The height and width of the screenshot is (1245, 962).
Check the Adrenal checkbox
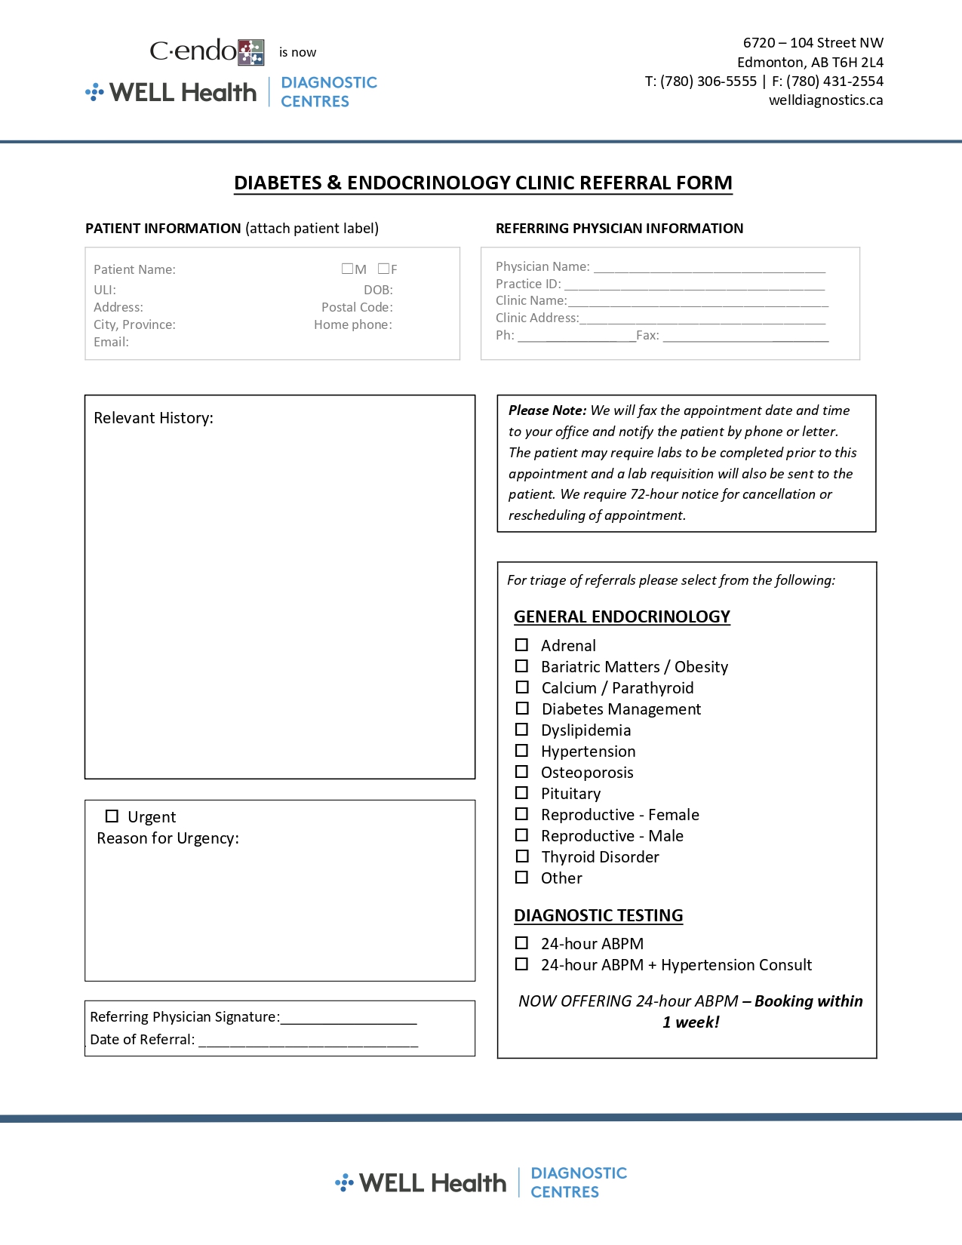tap(521, 645)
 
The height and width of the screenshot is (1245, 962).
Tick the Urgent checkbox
tap(112, 816)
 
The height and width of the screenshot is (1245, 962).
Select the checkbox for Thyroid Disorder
tap(521, 856)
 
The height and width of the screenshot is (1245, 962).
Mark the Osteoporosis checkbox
tap(521, 772)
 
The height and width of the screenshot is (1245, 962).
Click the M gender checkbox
tap(347, 269)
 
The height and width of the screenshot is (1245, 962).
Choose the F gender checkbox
tap(383, 269)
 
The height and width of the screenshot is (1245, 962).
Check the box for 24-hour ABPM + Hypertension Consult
tap(521, 964)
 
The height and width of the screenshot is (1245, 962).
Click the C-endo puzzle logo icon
tap(251, 52)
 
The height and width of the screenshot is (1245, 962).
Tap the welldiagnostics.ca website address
tap(825, 100)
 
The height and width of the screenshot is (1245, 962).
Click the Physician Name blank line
tap(709, 268)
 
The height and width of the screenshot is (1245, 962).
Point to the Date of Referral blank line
tap(308, 1041)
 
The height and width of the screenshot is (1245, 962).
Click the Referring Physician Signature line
tap(348, 1019)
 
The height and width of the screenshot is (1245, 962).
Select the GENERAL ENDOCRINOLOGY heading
tap(622, 617)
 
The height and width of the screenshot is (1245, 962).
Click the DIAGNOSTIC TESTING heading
tap(598, 915)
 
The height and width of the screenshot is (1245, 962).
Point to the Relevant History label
tap(153, 418)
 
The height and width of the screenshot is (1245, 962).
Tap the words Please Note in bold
tap(547, 410)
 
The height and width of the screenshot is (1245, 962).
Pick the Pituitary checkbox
tap(521, 793)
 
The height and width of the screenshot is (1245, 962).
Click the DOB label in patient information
tap(378, 290)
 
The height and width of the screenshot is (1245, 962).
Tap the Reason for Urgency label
tap(168, 838)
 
